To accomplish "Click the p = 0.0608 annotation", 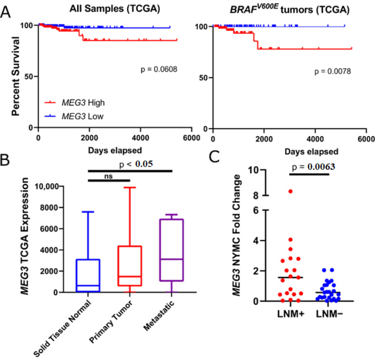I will coord(158,70).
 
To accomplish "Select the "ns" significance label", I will coord(108,177).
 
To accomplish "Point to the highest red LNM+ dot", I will coord(290,191).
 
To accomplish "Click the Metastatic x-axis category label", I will coord(162,315).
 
